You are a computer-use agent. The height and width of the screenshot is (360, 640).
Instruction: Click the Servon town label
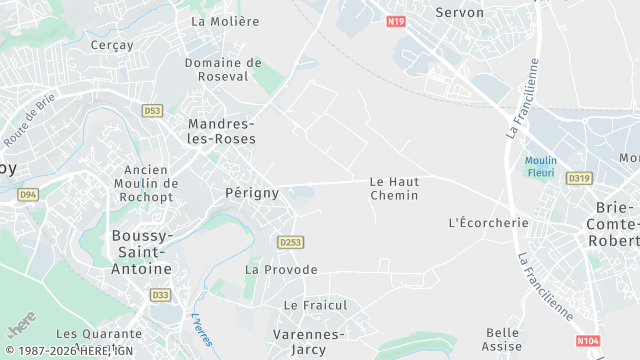click(460, 13)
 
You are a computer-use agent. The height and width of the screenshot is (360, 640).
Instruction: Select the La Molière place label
click(225, 21)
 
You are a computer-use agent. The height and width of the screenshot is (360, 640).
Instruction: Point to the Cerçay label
click(112, 44)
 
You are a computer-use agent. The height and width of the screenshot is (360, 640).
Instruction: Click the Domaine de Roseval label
click(223, 69)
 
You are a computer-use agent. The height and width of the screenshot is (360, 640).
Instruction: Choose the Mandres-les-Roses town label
click(222, 131)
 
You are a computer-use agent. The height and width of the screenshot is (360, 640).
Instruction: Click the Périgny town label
click(252, 192)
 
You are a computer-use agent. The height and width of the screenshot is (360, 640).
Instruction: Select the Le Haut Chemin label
click(394, 188)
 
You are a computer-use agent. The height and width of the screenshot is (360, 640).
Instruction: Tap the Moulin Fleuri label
click(541, 165)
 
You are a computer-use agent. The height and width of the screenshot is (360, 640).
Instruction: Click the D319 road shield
click(579, 178)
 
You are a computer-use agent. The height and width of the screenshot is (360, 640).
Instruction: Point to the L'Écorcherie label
click(489, 222)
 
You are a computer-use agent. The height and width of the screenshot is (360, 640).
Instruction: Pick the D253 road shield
click(290, 242)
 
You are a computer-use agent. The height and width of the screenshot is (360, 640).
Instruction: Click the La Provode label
click(281, 269)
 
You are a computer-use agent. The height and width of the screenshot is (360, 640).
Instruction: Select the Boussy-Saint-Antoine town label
click(140, 252)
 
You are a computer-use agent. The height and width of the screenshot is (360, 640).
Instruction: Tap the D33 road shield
click(160, 295)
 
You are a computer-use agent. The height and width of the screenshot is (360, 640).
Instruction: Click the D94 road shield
click(28, 194)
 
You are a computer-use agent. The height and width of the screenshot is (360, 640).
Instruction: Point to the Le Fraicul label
click(314, 304)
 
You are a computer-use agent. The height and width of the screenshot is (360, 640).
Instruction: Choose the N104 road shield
click(589, 341)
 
